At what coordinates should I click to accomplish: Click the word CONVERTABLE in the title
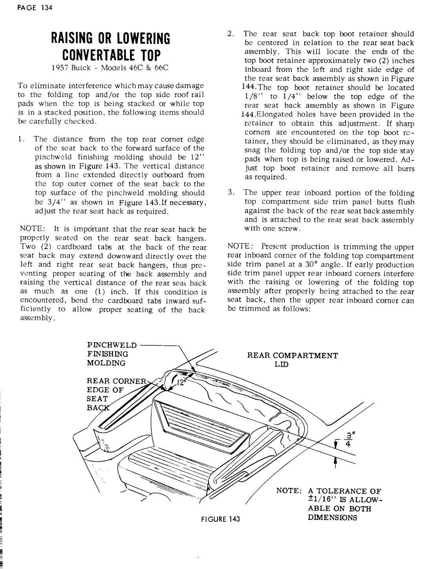pyautogui.click(x=96, y=54)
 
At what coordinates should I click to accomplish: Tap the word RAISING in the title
pyautogui.click(x=73, y=39)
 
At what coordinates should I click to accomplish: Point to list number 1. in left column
pyautogui.click(x=23, y=139)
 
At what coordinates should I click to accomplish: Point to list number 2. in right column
pyautogui.click(x=231, y=34)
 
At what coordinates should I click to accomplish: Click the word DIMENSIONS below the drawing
pyautogui.click(x=333, y=518)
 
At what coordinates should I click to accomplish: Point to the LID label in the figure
pyautogui.click(x=282, y=364)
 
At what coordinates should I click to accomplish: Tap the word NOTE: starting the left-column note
pyautogui.click(x=29, y=229)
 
